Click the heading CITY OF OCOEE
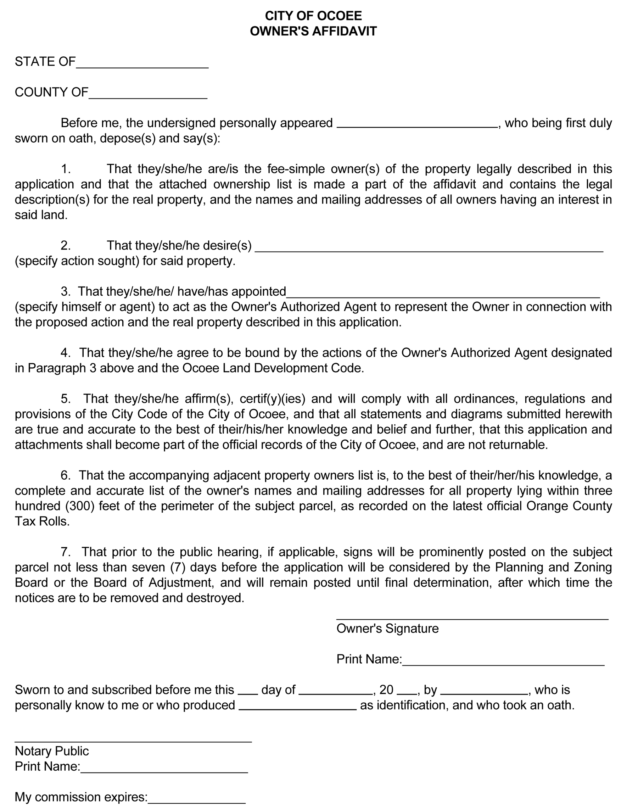click(x=313, y=16)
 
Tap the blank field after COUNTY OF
click(x=148, y=95)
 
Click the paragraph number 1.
click(x=66, y=169)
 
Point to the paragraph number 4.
click(x=66, y=353)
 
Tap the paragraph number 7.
click(x=66, y=552)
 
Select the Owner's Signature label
click(x=387, y=629)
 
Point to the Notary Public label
click(x=51, y=751)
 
